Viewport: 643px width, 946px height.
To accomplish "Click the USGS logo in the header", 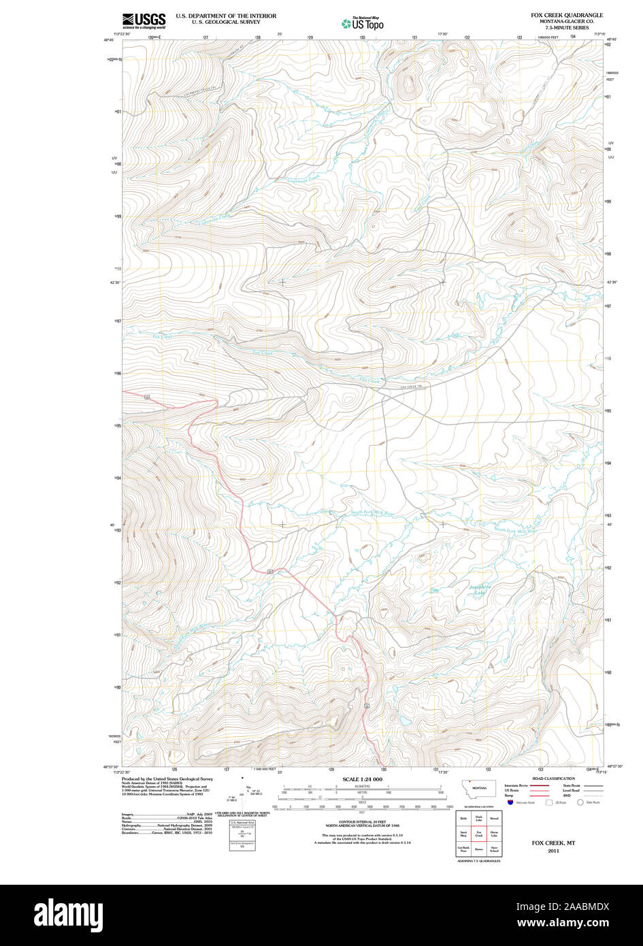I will coord(144,20).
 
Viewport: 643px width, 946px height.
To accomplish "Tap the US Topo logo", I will coord(363,24).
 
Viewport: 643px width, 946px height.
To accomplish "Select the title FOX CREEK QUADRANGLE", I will coord(567,15).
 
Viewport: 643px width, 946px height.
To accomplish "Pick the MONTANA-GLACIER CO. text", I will coord(567,21).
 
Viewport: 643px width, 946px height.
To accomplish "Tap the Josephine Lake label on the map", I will coord(480,589).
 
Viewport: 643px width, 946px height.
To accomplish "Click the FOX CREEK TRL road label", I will coord(412,387).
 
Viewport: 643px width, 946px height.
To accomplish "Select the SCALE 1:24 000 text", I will coord(363,779).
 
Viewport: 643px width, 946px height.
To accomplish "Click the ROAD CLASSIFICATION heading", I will coord(553,779).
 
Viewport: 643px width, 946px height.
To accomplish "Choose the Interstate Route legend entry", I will coord(516,785).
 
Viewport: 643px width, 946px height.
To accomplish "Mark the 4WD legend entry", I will coord(566,795).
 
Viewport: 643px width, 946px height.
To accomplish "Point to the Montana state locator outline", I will coord(479,789).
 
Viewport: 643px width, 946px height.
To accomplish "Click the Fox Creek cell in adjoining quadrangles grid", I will coord(479,834).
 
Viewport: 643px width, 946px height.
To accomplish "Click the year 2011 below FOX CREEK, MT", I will coord(553,851).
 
